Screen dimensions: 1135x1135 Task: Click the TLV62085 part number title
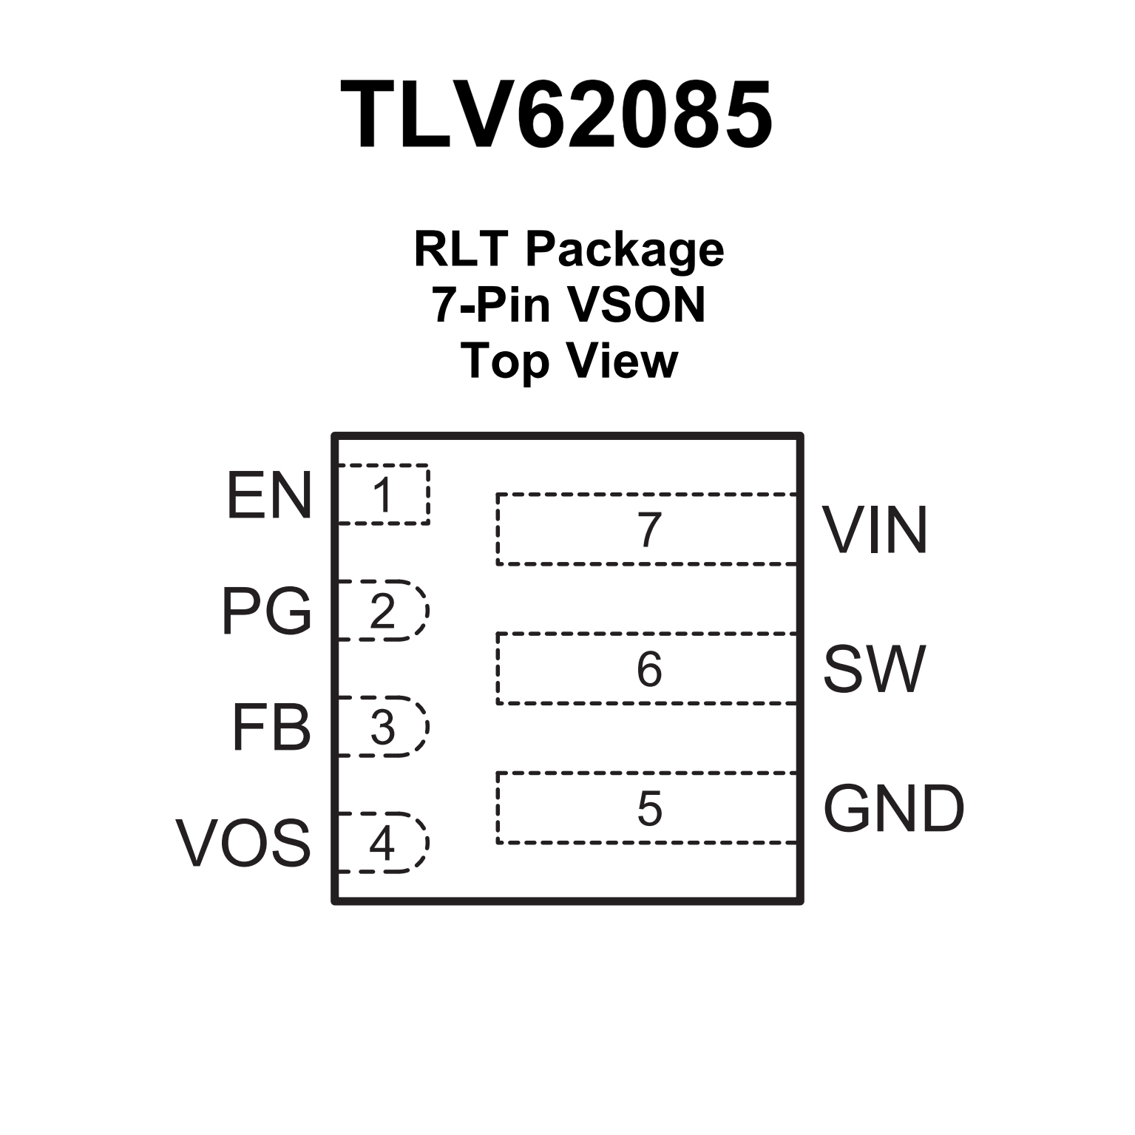click(556, 115)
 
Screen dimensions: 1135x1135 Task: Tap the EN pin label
click(269, 495)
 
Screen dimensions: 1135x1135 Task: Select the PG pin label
click(267, 611)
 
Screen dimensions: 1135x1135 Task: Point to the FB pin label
click(271, 728)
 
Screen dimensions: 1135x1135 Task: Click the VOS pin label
click(243, 843)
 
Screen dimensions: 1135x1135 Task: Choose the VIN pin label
click(875, 530)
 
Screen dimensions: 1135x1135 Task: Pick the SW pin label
click(874, 669)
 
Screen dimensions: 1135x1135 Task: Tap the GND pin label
click(893, 808)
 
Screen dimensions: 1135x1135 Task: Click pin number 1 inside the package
click(382, 495)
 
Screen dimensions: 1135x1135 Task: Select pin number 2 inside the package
click(382, 611)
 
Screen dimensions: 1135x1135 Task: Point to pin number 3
click(382, 728)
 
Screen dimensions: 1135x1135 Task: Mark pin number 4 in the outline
click(382, 843)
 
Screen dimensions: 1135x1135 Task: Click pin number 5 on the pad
click(649, 808)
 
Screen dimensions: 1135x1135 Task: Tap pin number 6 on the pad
click(649, 669)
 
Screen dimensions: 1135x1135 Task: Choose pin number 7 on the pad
click(649, 530)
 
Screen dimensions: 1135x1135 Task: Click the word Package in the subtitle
click(624, 250)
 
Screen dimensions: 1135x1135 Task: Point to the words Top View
click(569, 361)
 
